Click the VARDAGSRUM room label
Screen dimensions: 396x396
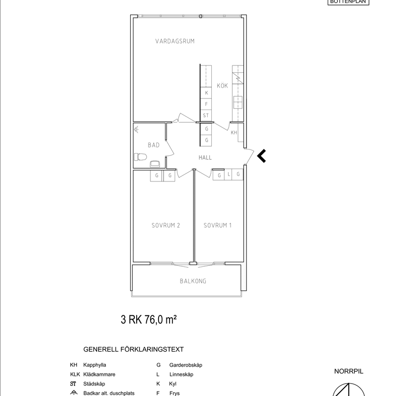coord(175,41)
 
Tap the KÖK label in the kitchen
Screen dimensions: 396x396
coord(222,86)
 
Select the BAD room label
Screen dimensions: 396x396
coord(154,145)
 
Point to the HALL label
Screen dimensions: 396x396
coord(205,157)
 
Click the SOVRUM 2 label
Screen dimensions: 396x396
coord(165,225)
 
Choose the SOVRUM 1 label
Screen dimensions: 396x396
coord(218,225)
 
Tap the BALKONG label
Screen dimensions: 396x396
coord(193,281)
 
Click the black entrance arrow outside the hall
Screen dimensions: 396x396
coord(261,156)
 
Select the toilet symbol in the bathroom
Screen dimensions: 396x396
coord(140,158)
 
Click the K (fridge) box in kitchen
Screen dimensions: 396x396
coord(207,93)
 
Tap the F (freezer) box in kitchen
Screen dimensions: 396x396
coord(207,104)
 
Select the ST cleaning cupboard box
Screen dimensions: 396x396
coord(206,116)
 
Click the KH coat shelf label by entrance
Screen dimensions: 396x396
coord(234,133)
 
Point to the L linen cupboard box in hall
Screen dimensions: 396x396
coord(228,175)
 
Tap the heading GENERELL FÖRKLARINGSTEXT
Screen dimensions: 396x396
coord(133,349)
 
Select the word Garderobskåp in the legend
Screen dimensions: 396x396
coord(186,365)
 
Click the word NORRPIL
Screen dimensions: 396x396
coord(349,372)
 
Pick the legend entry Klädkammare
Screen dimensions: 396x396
coord(99,374)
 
